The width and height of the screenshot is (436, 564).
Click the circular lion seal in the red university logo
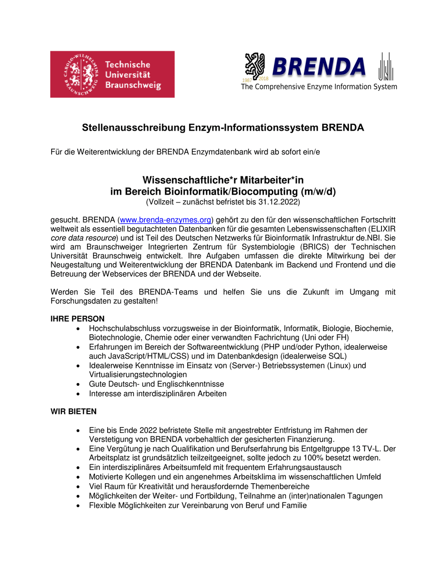[78, 74]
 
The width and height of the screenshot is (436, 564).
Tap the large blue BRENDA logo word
[318, 67]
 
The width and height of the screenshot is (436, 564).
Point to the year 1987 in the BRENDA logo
[247, 80]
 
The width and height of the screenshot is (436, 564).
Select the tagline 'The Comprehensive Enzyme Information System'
[319, 87]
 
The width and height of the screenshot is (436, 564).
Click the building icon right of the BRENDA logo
[386, 66]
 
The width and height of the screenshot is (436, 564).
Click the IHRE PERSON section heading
[77, 319]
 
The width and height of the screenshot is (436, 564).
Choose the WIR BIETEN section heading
[73, 411]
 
